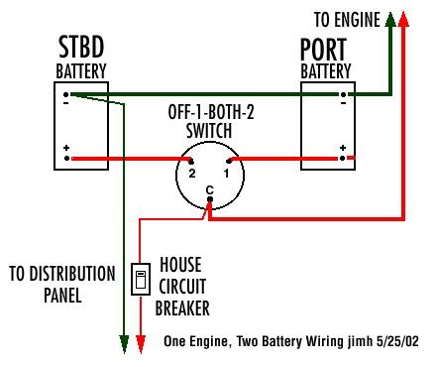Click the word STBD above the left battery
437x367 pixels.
point(81,48)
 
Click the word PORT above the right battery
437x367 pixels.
point(323,50)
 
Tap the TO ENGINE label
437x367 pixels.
point(347,20)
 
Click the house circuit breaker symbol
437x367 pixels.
point(141,279)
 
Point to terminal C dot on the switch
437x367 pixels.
point(210,199)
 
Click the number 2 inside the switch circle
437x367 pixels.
point(192,173)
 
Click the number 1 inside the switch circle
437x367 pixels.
point(226,173)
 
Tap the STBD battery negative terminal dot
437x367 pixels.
point(66,95)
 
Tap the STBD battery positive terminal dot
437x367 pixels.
point(66,159)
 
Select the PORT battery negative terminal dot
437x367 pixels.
point(343,95)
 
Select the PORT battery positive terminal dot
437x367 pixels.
point(343,159)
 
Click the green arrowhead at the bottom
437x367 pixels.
point(124,344)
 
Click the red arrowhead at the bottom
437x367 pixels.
point(141,344)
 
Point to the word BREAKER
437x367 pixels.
point(182,308)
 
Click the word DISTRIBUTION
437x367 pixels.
point(72,274)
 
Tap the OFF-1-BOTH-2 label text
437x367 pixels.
point(211,112)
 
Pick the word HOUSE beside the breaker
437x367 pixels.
point(180,265)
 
